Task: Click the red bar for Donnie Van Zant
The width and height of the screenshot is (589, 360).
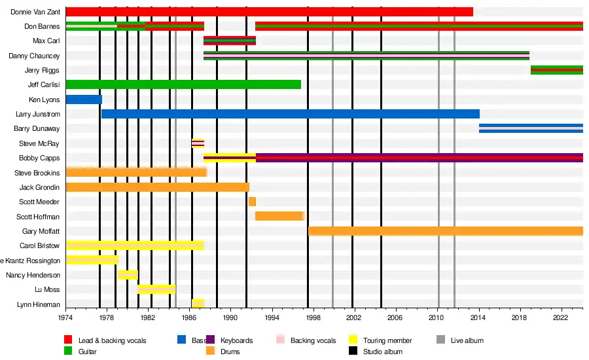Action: coord(269,12)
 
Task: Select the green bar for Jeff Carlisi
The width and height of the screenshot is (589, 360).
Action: coord(183,84)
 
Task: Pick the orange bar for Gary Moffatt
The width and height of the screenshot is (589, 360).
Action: coord(445,231)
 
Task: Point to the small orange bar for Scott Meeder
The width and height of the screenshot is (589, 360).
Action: coord(252,202)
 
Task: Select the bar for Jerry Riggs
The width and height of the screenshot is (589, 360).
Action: coord(556,70)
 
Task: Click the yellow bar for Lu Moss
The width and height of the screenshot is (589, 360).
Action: coord(156,289)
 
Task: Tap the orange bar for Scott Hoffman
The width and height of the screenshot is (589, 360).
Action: coord(279,216)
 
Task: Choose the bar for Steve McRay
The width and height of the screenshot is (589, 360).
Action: coord(198,143)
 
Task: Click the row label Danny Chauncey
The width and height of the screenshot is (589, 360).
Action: coord(34,56)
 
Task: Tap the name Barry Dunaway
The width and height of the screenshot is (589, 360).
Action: coord(37,129)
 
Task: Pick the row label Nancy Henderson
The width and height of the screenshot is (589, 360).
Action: coord(33,275)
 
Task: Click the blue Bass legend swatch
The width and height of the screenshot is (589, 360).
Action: coord(182,340)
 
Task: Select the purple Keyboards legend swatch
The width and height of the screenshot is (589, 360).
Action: coord(210,340)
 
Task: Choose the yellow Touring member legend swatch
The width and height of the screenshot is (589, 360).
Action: coord(351,340)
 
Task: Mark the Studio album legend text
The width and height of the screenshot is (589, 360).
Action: coord(383,351)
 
